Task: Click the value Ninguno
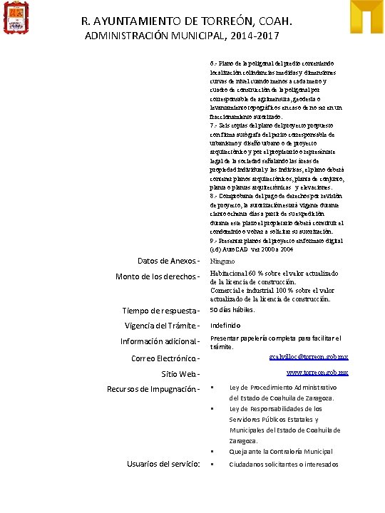pos(222,261)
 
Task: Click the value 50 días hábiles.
pos(232,310)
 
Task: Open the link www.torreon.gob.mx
pos(317,373)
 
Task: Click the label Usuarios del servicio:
pos(163,464)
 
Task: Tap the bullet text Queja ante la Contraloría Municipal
pos(280,452)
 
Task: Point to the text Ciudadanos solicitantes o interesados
pos(283,465)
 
